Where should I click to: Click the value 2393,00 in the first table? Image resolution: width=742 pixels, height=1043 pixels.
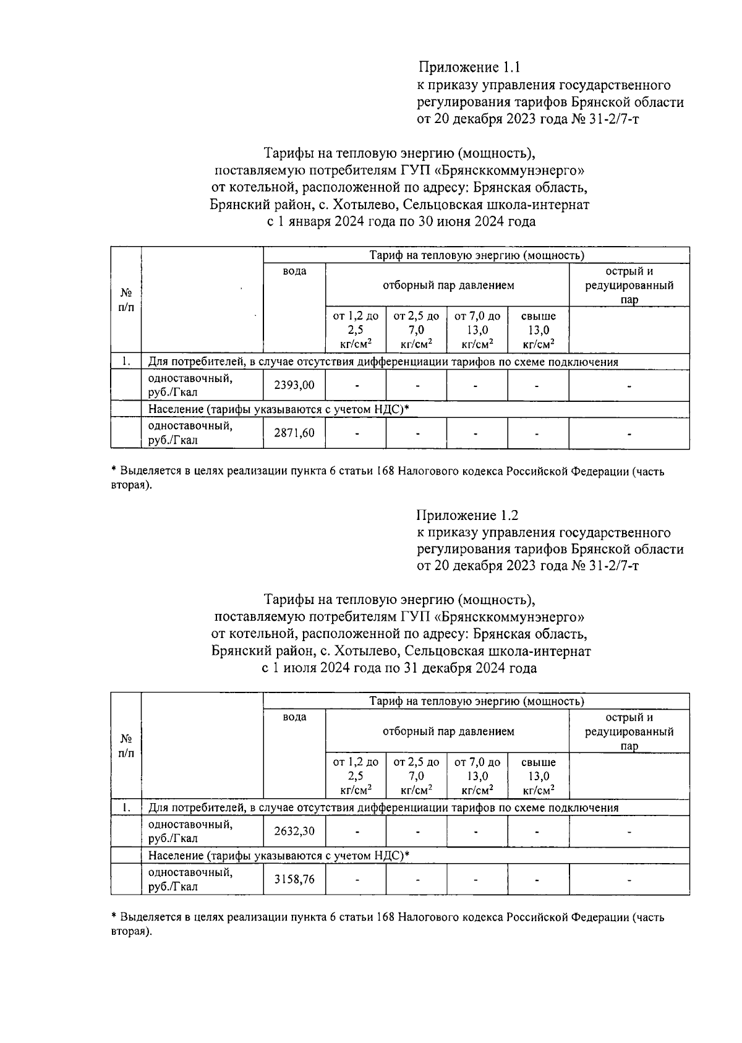[x=294, y=385]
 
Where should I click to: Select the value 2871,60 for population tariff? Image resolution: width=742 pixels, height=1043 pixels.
[x=294, y=433]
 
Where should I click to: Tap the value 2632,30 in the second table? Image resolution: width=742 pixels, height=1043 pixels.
[x=294, y=831]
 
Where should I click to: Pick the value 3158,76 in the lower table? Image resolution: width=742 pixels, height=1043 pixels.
[x=294, y=879]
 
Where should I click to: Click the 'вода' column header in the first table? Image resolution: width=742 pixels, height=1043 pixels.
[x=294, y=271]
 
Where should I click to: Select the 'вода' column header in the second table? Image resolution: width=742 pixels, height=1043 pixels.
[x=294, y=717]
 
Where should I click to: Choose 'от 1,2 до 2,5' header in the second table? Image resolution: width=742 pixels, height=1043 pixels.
[x=356, y=776]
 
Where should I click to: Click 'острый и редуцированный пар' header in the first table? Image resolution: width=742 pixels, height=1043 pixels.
[x=629, y=286]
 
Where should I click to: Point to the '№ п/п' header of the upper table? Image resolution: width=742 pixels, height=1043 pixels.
[x=126, y=300]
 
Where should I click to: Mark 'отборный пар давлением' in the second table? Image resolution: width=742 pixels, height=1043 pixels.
[x=448, y=731]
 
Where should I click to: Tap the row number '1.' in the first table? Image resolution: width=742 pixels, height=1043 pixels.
[x=126, y=362]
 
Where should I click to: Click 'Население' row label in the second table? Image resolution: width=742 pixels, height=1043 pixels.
[x=176, y=856]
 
